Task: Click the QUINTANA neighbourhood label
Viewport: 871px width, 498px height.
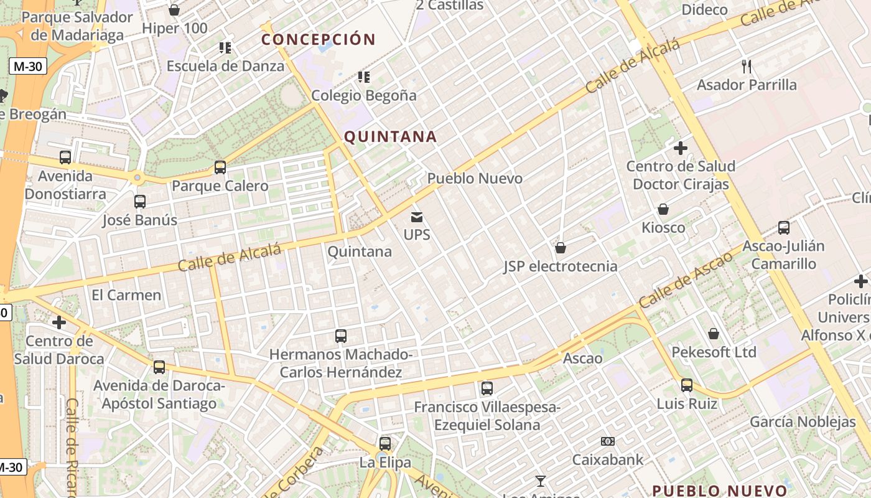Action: pos(390,136)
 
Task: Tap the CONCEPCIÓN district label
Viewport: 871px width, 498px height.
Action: pos(319,39)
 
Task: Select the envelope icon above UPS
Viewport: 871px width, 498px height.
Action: pos(417,217)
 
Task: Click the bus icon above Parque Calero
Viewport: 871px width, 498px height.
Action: pos(220,167)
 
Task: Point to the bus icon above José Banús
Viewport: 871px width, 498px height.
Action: pos(140,202)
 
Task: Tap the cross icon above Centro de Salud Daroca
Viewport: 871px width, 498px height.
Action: pos(59,322)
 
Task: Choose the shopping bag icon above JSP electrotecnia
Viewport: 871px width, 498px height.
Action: pos(561,248)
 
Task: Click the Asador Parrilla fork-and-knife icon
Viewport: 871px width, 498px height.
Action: pos(747,66)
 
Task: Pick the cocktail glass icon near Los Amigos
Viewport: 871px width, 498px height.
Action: pos(540,481)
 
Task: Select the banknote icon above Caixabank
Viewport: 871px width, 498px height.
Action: pos(608,441)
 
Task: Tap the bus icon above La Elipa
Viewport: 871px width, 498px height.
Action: pos(385,444)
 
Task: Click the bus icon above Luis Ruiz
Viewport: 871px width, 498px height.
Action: pos(687,385)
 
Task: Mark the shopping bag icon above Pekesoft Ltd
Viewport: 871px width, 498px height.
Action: pos(714,334)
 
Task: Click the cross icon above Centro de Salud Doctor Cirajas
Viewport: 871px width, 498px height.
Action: pos(681,148)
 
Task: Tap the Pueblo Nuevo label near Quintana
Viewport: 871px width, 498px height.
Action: pos(475,179)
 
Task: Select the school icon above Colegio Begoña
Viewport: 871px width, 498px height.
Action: pos(364,77)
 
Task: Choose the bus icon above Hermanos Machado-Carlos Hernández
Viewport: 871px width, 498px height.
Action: pos(341,336)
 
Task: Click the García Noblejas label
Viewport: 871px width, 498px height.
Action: pos(803,422)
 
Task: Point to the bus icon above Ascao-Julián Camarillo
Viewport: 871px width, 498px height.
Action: pos(784,228)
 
